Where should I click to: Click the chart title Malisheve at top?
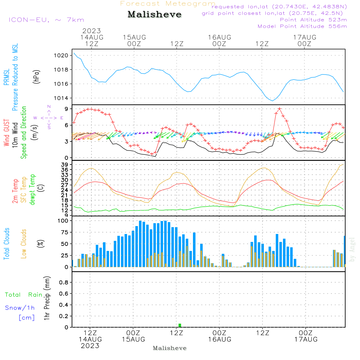(154, 15)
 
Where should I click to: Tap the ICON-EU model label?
(46, 20)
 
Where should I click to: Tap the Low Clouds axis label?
(24, 244)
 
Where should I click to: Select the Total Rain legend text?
(24, 295)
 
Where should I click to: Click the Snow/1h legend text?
(20, 308)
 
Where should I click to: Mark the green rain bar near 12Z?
(180, 325)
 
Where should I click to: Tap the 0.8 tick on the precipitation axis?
(64, 283)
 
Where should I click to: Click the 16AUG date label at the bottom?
(219, 339)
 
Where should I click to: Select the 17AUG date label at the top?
(305, 37)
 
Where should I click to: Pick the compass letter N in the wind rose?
(49, 107)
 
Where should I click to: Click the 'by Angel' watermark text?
(352, 249)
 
